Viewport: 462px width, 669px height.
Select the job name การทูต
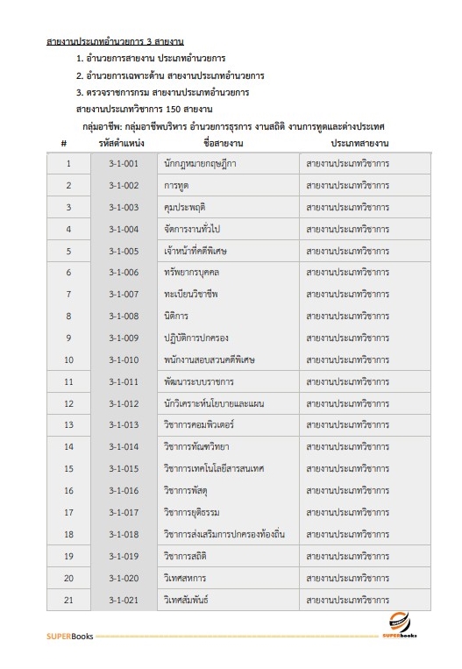[177, 186]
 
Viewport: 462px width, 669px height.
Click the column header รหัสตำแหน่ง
[122, 142]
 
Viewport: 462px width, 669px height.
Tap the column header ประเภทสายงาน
[359, 142]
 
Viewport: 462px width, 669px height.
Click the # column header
[64, 142]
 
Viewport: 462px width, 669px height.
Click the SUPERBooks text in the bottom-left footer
[68, 635]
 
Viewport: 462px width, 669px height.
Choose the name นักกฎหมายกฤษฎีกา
[200, 164]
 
